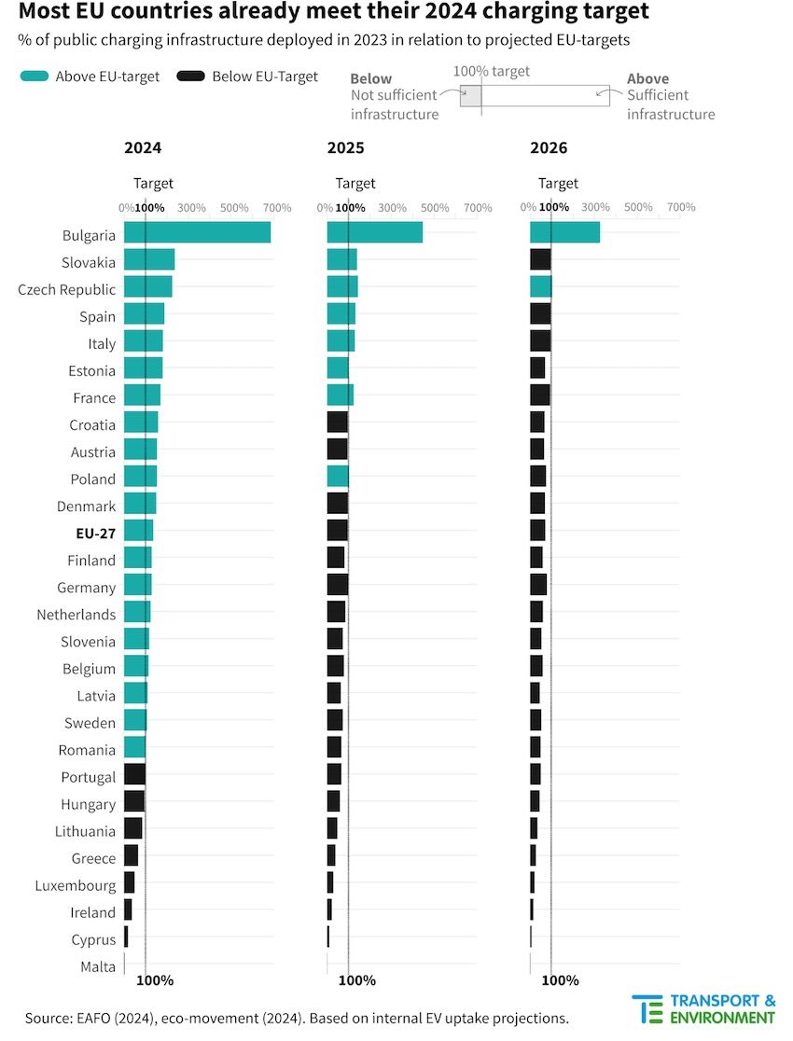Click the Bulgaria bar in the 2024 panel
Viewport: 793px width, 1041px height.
pos(197,233)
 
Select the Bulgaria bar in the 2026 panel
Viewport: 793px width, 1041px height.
pos(564,233)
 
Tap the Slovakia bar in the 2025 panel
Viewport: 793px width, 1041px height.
pos(341,260)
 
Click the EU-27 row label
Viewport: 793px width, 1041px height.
pos(96,534)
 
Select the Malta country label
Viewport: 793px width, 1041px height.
pos(98,966)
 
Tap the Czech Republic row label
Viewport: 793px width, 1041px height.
pos(67,290)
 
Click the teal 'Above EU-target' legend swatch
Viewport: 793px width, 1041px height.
pos(34,76)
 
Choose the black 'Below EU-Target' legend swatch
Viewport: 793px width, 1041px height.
pos(190,76)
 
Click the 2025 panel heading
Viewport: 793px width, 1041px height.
pos(345,148)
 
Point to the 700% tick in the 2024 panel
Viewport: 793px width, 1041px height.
pos(277,207)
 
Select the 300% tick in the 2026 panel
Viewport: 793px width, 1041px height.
pos(595,207)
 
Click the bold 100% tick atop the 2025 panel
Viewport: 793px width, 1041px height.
pos(350,207)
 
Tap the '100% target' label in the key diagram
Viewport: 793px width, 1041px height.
pos(491,72)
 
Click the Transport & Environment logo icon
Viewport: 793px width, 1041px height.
pos(647,1009)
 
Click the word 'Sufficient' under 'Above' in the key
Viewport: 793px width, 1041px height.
pos(658,95)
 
